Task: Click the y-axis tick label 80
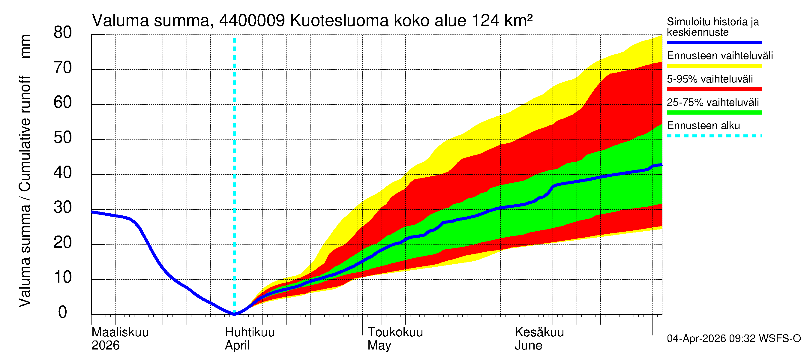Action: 63,33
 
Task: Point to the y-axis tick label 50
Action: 63,138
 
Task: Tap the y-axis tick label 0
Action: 63,313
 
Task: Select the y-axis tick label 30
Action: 63,208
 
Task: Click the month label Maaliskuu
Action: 120,332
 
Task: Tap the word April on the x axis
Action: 237,346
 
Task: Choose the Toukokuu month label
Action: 395,332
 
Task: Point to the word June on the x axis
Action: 528,346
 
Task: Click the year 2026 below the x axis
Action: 105,346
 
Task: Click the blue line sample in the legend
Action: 714,42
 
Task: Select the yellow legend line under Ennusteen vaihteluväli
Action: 714,66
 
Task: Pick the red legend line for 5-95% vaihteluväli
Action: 714,89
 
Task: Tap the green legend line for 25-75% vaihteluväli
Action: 714,112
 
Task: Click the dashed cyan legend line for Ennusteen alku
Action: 714,136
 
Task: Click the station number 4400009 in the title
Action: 252,21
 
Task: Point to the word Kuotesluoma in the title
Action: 339,21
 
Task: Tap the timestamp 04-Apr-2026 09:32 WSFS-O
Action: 733,339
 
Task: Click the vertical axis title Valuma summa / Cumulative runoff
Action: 25,192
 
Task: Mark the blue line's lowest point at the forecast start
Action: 234,314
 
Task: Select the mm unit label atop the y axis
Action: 25,46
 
